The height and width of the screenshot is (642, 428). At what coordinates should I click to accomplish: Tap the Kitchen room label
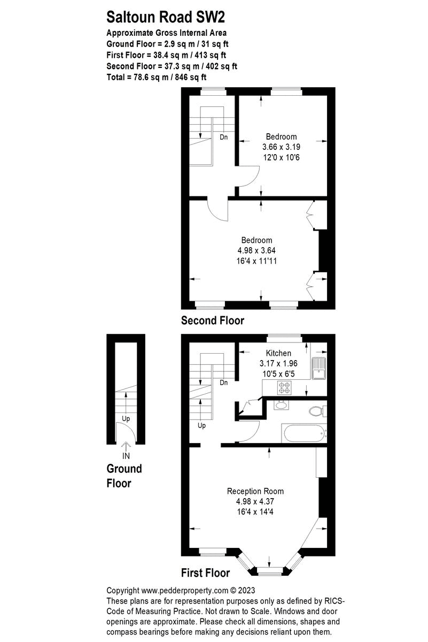(278, 353)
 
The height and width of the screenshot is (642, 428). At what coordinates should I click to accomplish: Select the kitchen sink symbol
(319, 367)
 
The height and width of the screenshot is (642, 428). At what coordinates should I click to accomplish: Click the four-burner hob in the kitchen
(283, 386)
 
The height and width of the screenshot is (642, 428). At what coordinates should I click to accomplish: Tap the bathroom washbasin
(281, 405)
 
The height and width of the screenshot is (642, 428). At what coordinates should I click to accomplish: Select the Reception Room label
(255, 491)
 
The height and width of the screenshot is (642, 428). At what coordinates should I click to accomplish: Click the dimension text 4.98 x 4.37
(255, 501)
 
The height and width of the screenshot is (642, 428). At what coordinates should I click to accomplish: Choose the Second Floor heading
(213, 321)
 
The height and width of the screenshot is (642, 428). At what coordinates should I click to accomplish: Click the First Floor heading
(205, 573)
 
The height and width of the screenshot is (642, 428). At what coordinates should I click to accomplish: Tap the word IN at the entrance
(126, 456)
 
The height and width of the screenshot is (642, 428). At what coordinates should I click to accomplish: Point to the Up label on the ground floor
(126, 418)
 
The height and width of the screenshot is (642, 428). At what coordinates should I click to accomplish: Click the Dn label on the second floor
(223, 137)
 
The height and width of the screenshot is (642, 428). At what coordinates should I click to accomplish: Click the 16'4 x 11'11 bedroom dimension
(256, 261)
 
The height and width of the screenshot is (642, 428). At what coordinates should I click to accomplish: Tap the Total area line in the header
(157, 78)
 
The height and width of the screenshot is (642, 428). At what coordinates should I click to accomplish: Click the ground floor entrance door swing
(122, 431)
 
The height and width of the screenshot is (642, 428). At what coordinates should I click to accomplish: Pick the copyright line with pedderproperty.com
(181, 591)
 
